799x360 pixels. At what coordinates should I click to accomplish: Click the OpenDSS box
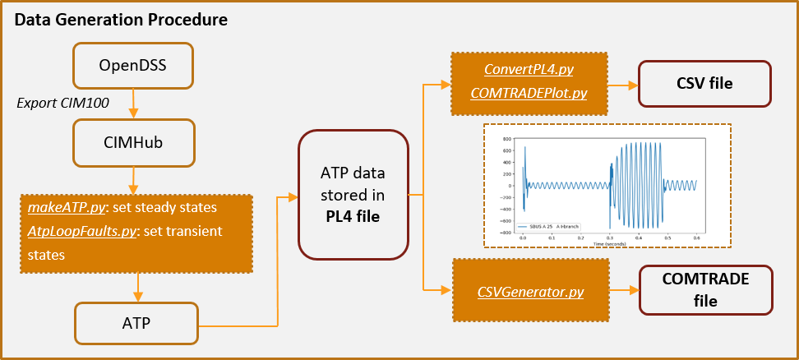coord(132,65)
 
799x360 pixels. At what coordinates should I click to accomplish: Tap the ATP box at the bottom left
coord(136,323)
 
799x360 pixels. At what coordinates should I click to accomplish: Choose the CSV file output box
coord(704,83)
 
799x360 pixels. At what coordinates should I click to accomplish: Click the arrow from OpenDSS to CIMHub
coord(133,104)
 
